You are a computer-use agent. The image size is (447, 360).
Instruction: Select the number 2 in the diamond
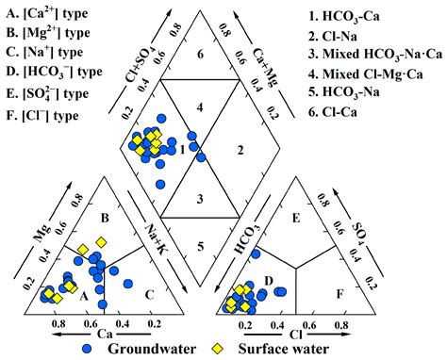click(242, 150)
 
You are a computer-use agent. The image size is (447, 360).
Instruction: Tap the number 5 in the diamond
click(197, 246)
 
